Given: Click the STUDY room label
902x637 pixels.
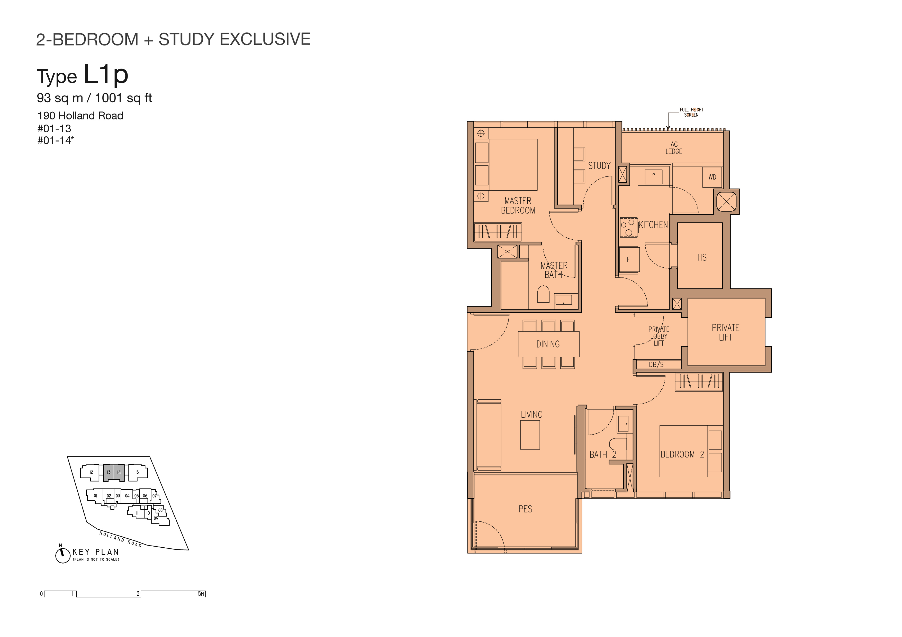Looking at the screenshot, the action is click(599, 166).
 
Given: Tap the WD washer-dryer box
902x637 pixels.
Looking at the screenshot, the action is click(712, 177).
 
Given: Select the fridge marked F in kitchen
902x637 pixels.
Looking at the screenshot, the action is click(629, 259).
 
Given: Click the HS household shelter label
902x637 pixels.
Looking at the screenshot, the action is click(702, 257).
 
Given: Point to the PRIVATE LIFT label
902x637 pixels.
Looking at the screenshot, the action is click(725, 332).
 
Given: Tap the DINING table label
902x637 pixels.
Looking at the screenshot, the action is click(548, 344).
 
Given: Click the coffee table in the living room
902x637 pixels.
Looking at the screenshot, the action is click(530, 435).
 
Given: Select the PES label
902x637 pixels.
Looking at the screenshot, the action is click(525, 509).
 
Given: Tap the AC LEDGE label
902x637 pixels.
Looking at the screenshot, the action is click(674, 148).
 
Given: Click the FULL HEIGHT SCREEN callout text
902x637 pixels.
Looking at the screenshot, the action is click(691, 112).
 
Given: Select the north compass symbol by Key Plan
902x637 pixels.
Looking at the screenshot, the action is click(62, 555).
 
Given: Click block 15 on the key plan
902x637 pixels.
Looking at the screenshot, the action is click(137, 472).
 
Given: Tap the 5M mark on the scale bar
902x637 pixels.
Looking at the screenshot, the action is click(201, 594).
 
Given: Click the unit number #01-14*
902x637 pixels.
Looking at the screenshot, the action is click(55, 140).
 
